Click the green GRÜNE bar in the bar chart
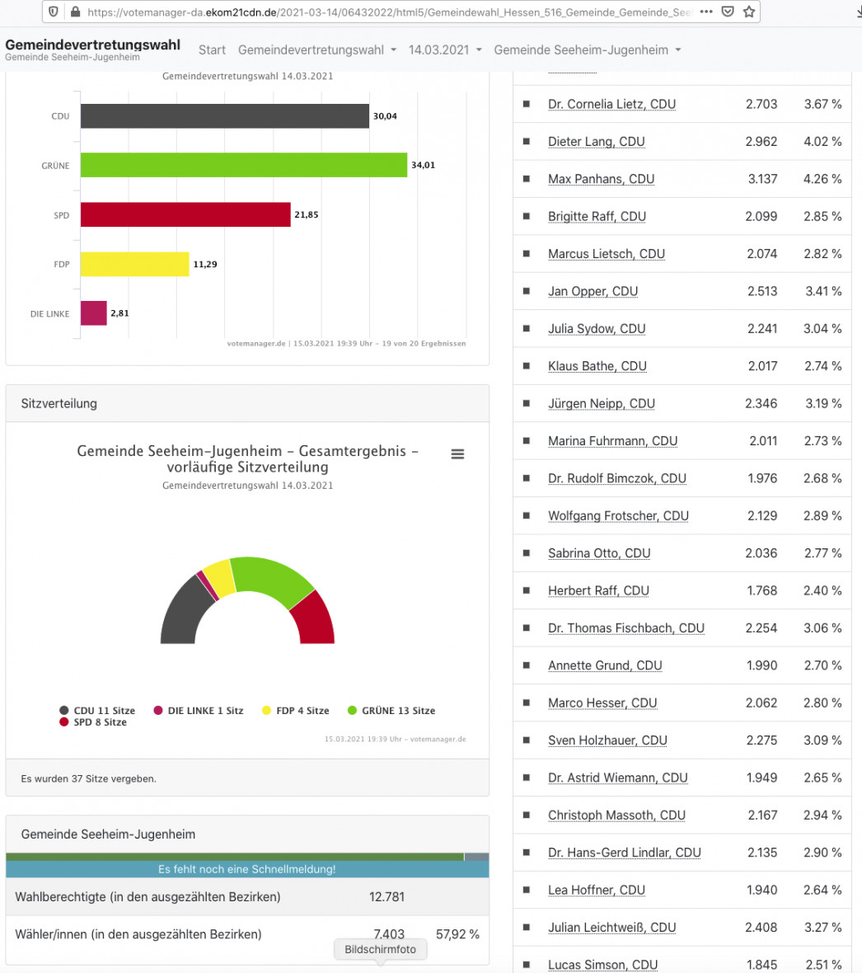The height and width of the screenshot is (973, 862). click(x=244, y=165)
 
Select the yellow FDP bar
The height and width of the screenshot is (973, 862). click(x=134, y=265)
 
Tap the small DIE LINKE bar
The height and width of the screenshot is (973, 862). click(x=94, y=313)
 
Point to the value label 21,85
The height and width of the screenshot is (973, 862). click(x=307, y=214)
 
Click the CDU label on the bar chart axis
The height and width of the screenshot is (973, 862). click(x=60, y=116)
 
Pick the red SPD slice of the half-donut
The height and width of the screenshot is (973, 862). click(x=315, y=619)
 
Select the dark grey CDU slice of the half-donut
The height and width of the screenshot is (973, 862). click(x=184, y=611)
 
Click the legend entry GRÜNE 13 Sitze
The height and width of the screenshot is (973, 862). click(x=391, y=711)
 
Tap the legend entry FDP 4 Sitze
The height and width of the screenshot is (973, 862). click(x=295, y=711)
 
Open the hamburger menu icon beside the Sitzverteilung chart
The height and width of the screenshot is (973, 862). click(x=457, y=454)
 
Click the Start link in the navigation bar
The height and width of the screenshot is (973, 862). click(x=212, y=49)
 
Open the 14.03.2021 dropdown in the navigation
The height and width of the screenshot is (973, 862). click(x=445, y=49)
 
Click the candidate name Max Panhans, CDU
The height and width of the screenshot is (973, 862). click(x=601, y=179)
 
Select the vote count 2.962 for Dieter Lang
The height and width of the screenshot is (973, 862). click(x=761, y=142)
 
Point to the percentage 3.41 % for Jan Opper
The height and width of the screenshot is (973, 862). click(x=823, y=291)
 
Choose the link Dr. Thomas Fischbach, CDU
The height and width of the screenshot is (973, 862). click(x=626, y=628)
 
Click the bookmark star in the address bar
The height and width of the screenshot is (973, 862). click(x=749, y=12)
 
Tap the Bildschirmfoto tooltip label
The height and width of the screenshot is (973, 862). click(x=380, y=949)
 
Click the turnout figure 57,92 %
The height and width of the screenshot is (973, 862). click(x=457, y=934)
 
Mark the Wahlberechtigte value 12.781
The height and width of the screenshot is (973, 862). click(x=387, y=896)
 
